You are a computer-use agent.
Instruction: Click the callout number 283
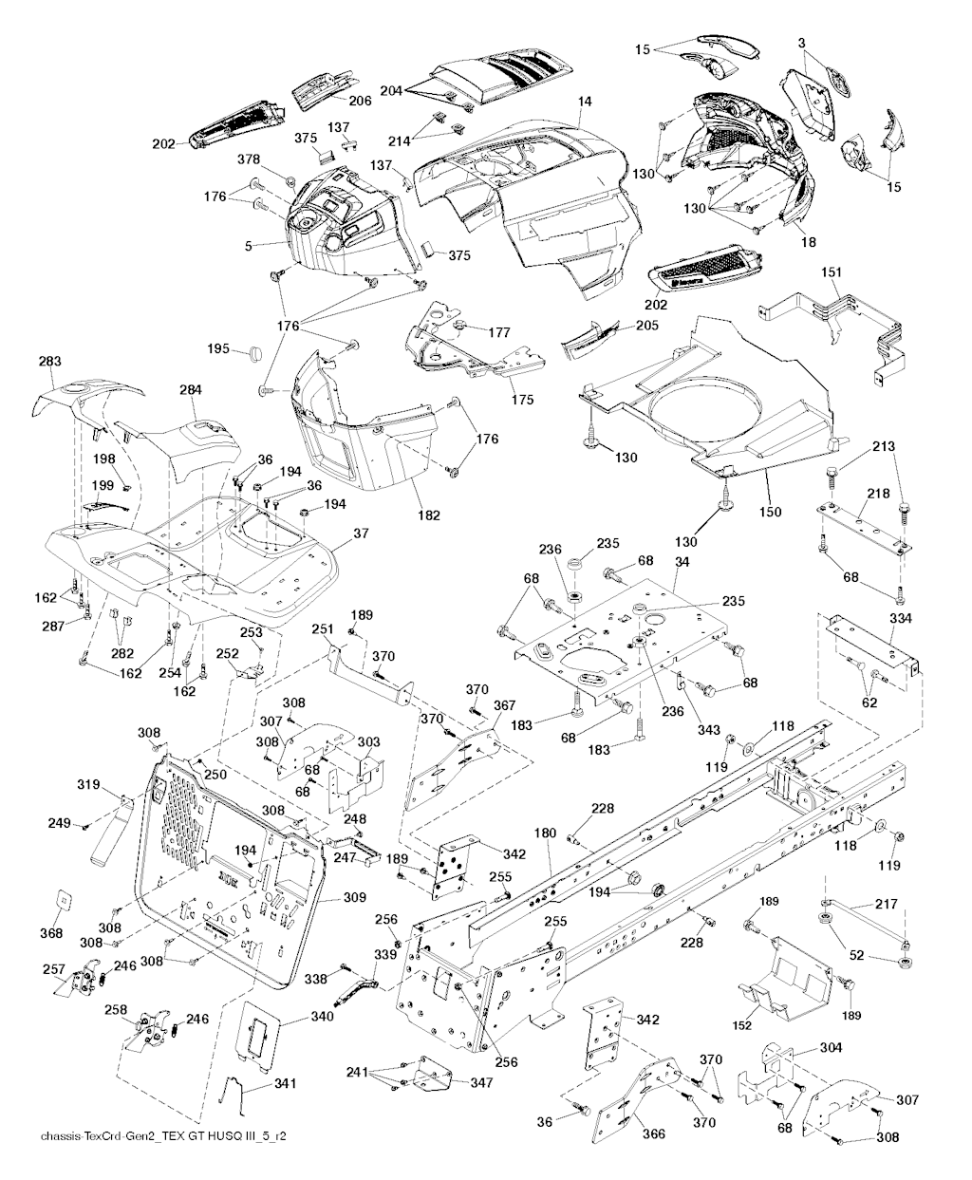coord(49,362)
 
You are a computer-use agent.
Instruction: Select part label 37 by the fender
coord(360,534)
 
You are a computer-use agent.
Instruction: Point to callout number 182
coord(429,515)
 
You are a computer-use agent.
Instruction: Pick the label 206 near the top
coord(359,101)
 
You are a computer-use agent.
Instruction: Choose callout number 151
coord(832,273)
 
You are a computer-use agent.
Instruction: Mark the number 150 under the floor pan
coord(770,513)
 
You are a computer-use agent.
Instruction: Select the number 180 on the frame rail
coord(546,833)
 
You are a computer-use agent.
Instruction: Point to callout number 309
coord(328,896)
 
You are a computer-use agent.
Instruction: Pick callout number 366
coord(653,1134)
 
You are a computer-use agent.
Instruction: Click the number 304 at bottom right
coord(831,1049)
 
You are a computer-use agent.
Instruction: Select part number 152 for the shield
coord(742,1025)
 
